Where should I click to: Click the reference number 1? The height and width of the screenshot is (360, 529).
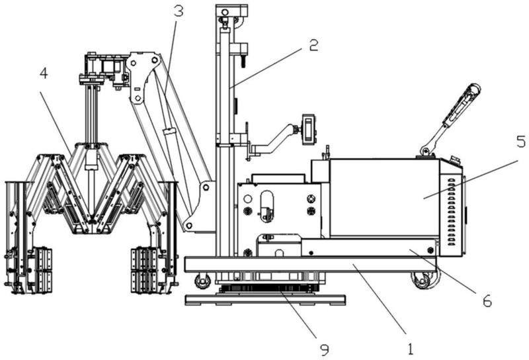pyautogui.click(x=410, y=349)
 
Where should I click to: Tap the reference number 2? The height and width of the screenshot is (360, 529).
pyautogui.click(x=313, y=45)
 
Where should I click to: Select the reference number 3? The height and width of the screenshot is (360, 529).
pyautogui.click(x=179, y=11)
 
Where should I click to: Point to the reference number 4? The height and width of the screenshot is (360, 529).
pyautogui.click(x=44, y=73)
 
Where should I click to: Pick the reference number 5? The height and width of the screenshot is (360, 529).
pyautogui.click(x=521, y=142)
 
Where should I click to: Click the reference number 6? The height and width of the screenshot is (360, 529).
pyautogui.click(x=487, y=300)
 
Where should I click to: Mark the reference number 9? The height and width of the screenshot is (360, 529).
pyautogui.click(x=324, y=350)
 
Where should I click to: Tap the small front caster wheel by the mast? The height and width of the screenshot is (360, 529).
pyautogui.click(x=202, y=281)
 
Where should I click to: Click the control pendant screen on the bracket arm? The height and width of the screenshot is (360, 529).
pyautogui.click(x=309, y=129)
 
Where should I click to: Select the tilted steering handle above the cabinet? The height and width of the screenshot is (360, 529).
pyautogui.click(x=451, y=119)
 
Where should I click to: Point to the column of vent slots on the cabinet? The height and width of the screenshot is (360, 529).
pyautogui.click(x=452, y=212)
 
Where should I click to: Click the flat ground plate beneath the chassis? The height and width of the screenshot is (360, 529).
pyautogui.click(x=265, y=300)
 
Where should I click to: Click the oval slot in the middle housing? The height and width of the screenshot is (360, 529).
pyautogui.click(x=267, y=206)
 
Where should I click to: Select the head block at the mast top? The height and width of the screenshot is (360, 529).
pyautogui.click(x=232, y=13)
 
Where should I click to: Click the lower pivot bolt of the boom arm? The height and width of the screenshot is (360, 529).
pyautogui.click(x=189, y=225)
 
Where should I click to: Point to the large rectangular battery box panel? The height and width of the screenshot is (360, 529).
pyautogui.click(x=385, y=198)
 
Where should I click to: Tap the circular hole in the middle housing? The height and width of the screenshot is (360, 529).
pyautogui.click(x=247, y=199)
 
